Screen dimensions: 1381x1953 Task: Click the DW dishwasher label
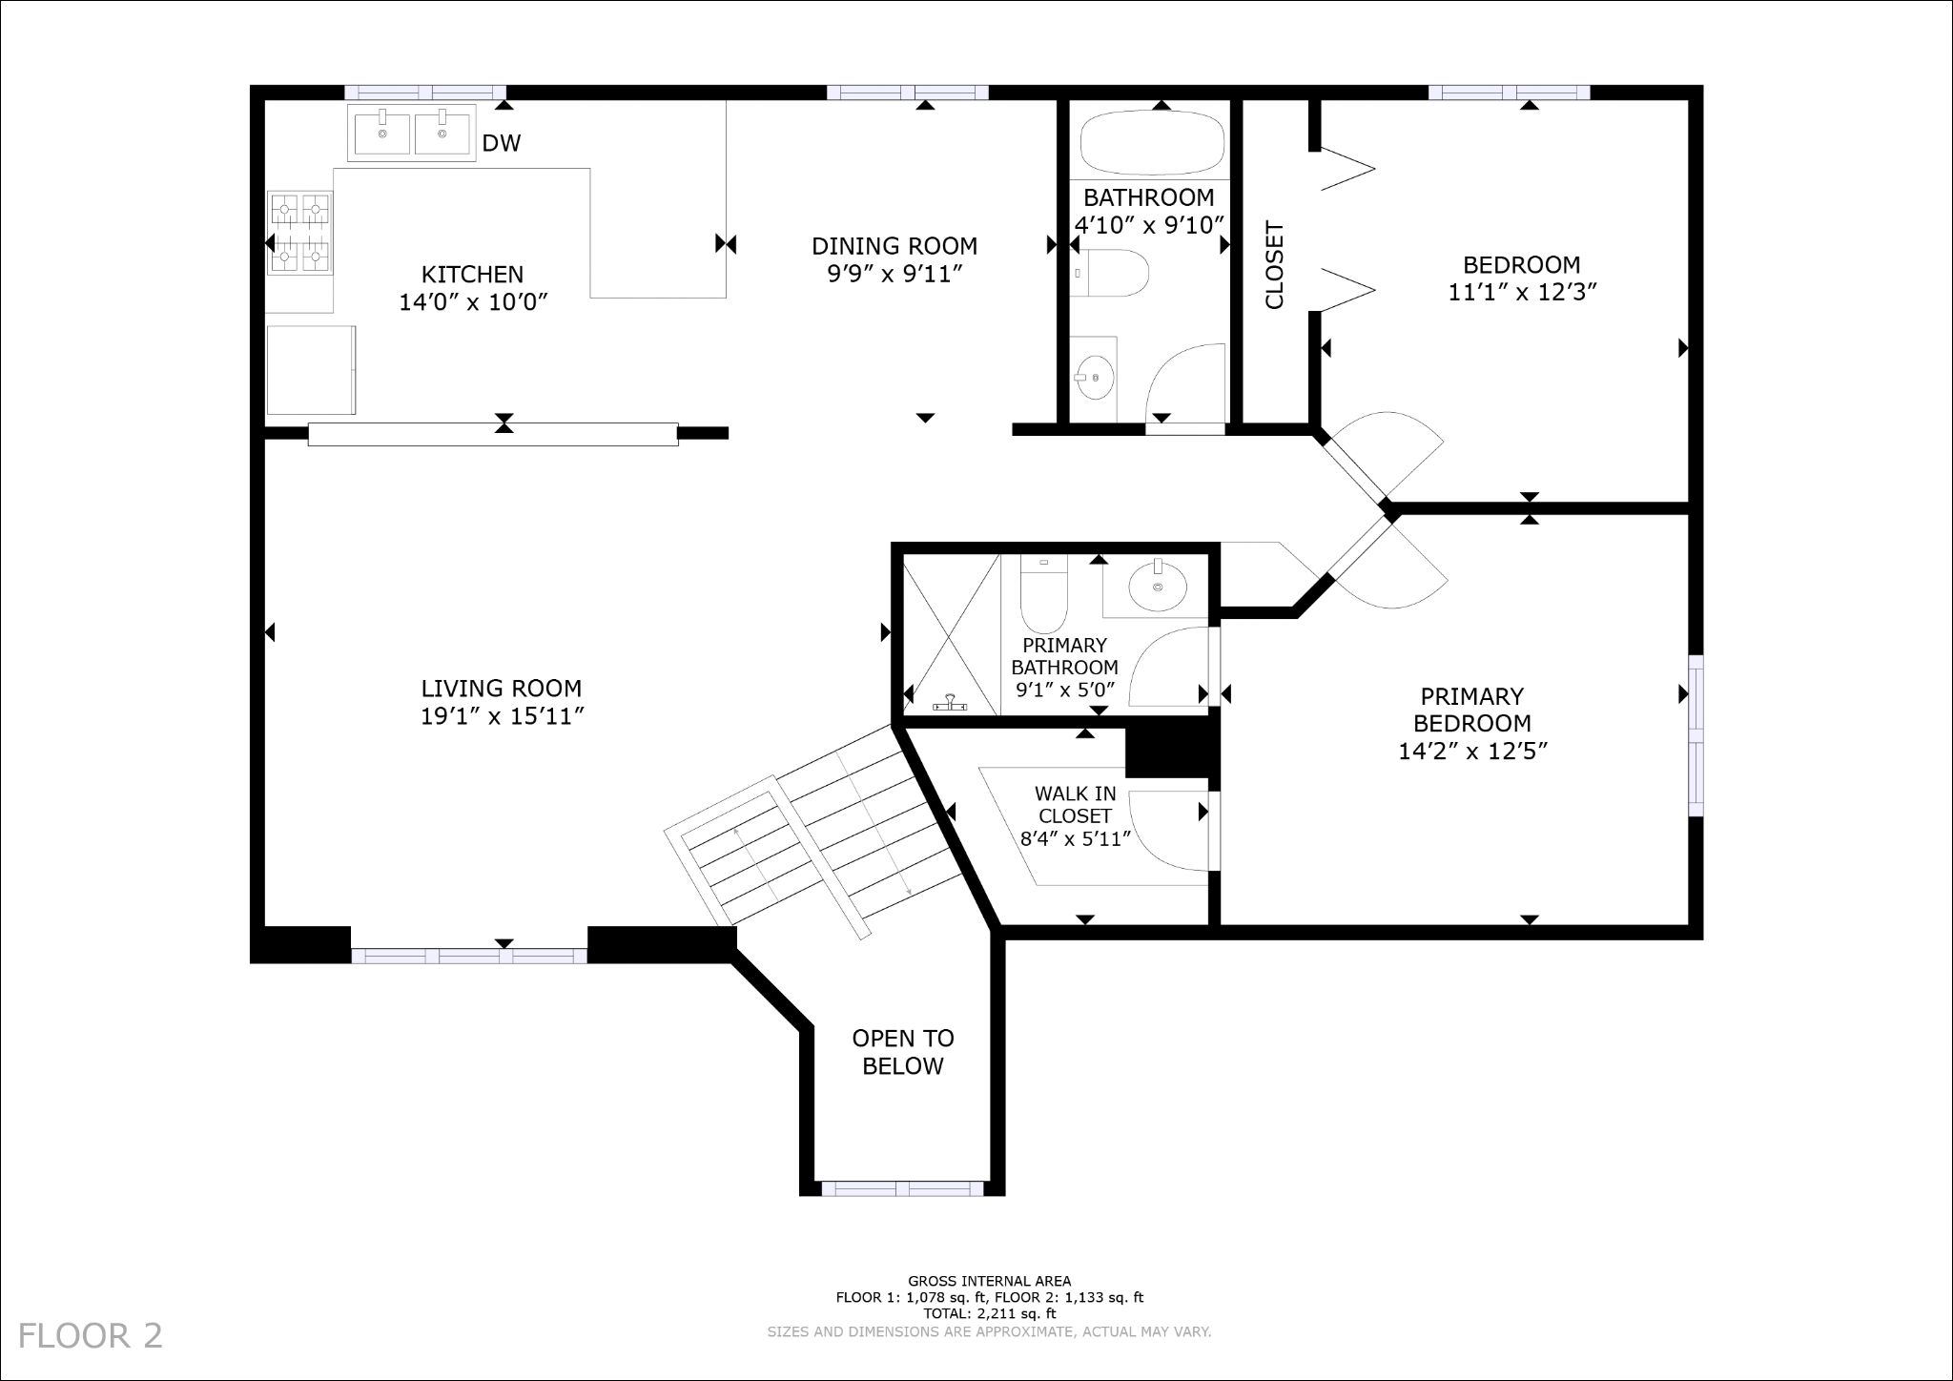[x=501, y=144]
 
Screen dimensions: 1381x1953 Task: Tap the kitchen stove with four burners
[x=300, y=232]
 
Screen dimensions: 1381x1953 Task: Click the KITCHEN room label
[x=472, y=275]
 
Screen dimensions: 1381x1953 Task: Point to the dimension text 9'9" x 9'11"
[x=894, y=275]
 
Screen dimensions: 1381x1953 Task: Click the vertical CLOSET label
[x=1274, y=265]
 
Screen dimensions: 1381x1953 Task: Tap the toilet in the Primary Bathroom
[x=1044, y=591]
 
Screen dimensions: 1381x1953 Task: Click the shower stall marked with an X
[x=949, y=634]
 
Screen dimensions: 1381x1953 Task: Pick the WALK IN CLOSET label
[x=1075, y=805]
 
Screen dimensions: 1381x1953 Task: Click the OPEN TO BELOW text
[x=902, y=1052]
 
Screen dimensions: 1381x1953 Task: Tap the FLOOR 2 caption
[x=91, y=1335]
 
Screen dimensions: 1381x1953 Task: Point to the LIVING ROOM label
[x=501, y=689]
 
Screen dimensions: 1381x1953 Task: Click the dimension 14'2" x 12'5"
[x=1471, y=752]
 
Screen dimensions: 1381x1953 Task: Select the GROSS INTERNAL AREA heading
[x=989, y=1281]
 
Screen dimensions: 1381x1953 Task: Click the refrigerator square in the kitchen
[x=310, y=370]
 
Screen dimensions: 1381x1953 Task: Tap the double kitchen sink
[x=413, y=134]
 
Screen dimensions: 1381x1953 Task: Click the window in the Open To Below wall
[x=902, y=1188]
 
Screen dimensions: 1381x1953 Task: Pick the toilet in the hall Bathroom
[x=1110, y=273]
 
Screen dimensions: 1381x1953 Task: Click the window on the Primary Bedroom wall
[x=1696, y=734]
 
